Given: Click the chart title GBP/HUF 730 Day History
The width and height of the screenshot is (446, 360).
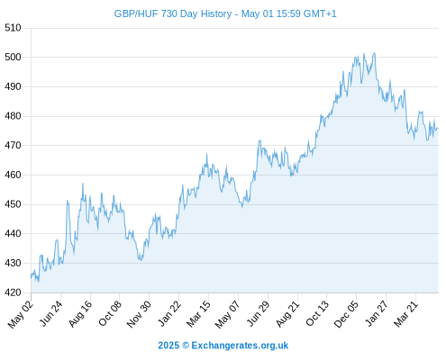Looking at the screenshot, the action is click(173, 13).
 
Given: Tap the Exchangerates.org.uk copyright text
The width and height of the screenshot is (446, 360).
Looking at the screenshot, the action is click(223, 346).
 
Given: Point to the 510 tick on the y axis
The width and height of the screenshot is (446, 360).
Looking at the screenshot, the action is click(13, 28).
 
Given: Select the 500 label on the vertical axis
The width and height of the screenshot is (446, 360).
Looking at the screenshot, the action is click(13, 57).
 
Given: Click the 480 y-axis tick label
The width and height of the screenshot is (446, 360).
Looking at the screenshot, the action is click(13, 116).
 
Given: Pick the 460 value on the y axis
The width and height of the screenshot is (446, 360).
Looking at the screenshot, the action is click(13, 175).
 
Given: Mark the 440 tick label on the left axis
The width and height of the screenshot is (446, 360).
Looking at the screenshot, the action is click(13, 234).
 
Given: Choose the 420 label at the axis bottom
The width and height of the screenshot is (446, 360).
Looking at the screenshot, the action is click(13, 292).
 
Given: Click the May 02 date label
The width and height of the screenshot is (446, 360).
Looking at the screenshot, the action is click(21, 314).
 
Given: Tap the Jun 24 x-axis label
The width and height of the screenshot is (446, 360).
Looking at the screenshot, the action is click(51, 313).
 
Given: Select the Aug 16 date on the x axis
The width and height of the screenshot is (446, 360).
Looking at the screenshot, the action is click(80, 313).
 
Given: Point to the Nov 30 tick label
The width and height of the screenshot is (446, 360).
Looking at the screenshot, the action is click(139, 314).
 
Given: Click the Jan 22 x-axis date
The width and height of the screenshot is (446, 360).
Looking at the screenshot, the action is click(169, 313).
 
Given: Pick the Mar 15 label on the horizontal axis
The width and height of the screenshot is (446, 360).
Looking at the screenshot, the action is click(198, 313).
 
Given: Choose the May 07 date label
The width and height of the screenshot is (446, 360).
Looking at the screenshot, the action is click(228, 314).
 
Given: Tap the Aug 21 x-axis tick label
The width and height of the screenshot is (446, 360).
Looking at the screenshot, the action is click(287, 313).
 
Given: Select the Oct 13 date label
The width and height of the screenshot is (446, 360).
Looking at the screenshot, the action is click(317, 313).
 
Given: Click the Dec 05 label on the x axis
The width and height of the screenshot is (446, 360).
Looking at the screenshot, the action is click(346, 314).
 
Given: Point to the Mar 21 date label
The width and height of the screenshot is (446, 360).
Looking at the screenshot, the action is click(406, 313).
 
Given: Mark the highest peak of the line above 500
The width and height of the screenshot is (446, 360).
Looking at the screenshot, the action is click(374, 53).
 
